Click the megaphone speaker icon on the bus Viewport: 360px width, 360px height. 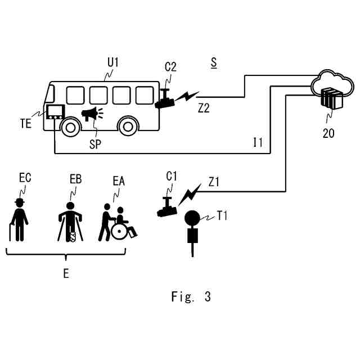pos(91,115)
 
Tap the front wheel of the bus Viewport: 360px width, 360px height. pos(69,126)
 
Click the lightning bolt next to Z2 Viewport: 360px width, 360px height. pos(184,97)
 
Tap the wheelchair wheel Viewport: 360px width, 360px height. pos(120,231)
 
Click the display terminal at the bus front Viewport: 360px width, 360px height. pos(55,111)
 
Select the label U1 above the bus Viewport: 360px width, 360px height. pos(113,62)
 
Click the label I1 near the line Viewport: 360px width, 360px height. pos(257,142)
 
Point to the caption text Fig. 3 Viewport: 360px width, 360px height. pos(191,296)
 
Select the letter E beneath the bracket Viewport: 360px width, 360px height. pos(66,274)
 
